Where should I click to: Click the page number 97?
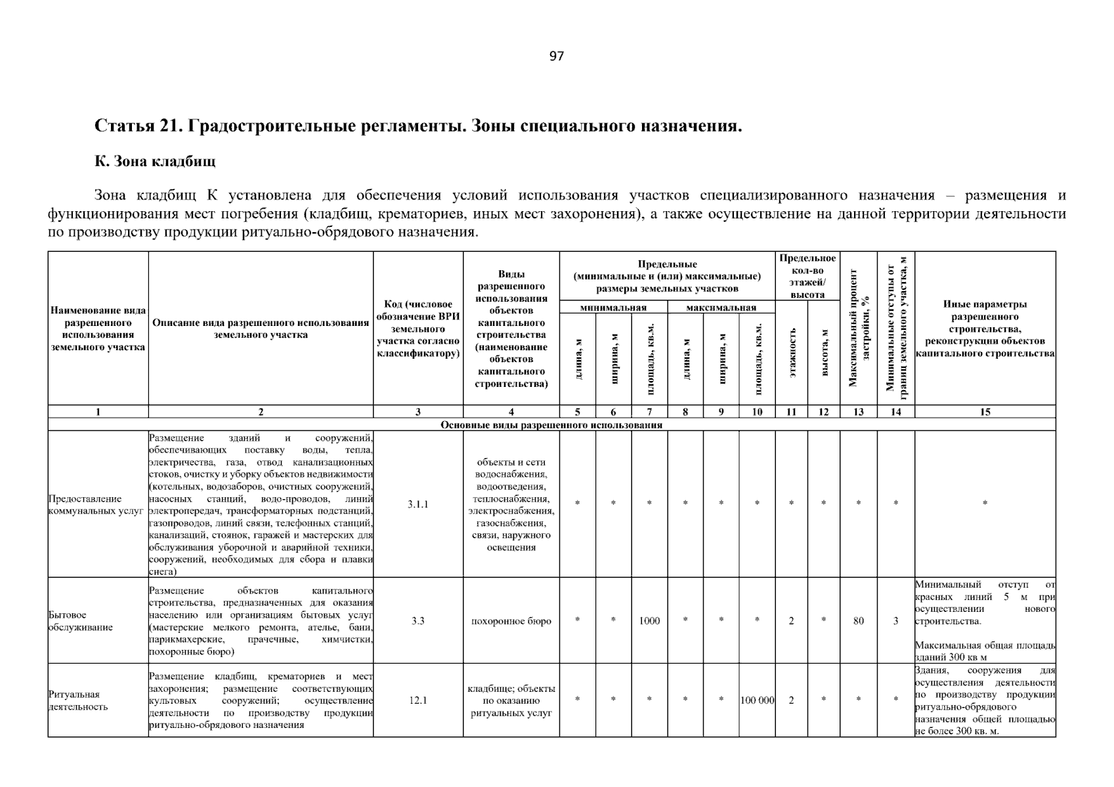556,56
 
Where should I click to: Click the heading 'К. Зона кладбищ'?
155,161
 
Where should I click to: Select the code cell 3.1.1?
418,504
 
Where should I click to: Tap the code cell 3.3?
418,621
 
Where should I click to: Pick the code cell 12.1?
418,700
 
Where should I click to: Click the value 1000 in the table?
649,621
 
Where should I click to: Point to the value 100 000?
757,700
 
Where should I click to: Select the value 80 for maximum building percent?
858,621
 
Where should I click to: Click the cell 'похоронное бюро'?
511,621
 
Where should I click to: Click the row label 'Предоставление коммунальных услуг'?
96,504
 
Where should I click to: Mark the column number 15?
985,412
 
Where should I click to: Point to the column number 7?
649,412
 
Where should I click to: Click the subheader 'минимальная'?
613,308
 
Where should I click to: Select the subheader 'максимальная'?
721,308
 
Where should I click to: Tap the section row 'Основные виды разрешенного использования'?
551,425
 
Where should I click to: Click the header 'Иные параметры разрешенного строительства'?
985,329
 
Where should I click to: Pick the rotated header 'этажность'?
792,353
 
